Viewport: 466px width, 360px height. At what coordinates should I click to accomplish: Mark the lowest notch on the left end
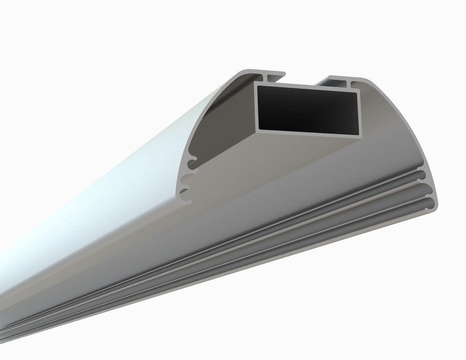186,198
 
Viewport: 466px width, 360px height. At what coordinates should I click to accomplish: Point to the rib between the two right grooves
426,188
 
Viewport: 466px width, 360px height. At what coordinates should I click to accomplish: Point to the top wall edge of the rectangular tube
308,88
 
